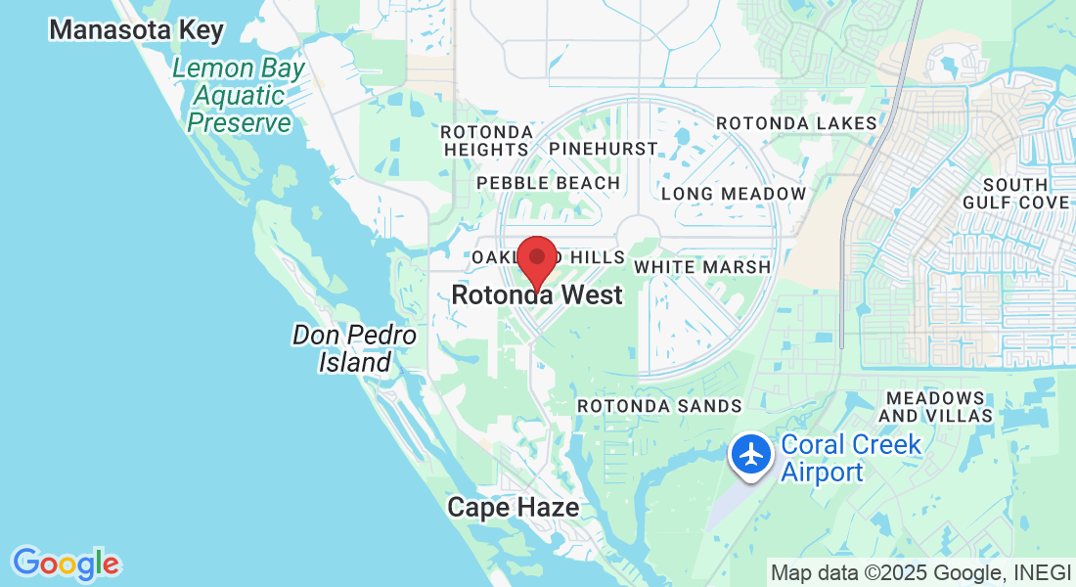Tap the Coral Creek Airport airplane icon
coord(751,456)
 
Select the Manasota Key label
coord(137,29)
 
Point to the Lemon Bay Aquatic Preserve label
coord(240,96)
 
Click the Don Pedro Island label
coord(354,349)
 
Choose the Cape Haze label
coord(513,507)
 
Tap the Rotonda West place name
coord(537,294)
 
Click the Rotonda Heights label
coord(486,140)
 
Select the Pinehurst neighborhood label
coord(603,149)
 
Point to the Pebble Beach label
coord(548,183)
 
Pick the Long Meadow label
coord(734,194)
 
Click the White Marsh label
coord(702,266)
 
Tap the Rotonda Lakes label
coord(797,123)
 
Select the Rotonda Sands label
coord(659,405)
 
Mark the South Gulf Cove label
coord(1026,194)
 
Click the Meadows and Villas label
coord(936,407)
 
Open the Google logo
coord(66,563)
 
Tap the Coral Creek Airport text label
coord(851,458)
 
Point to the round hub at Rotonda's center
coord(638,236)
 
